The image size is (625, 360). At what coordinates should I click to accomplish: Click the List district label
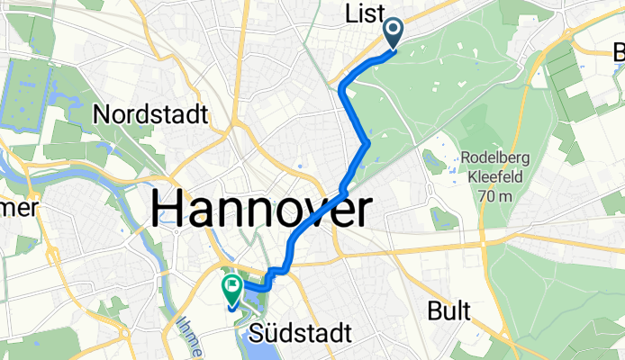point(364,13)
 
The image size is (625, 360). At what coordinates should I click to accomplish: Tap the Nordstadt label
point(150,115)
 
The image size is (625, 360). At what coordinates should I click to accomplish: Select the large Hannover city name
point(260,211)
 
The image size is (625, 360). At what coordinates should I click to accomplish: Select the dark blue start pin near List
point(394,33)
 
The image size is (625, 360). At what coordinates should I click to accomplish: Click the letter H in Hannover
point(166,211)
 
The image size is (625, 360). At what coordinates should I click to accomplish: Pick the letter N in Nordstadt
point(102,115)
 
